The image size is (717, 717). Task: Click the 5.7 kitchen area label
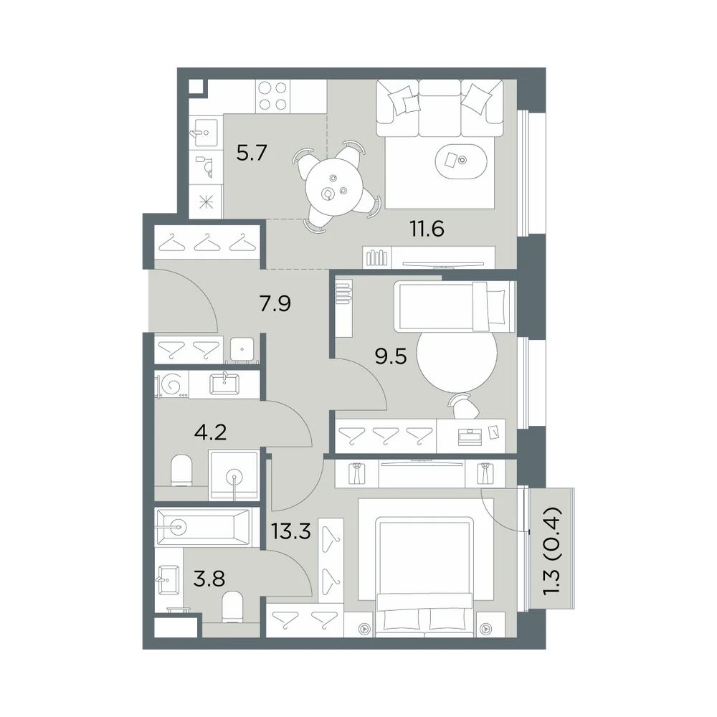coord(252,153)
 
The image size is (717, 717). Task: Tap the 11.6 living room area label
coord(427,229)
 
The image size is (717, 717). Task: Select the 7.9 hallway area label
coord(275,303)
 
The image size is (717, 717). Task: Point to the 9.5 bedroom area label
coord(391,356)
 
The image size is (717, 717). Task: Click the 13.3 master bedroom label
coord(291,531)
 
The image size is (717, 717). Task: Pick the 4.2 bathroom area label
coord(210,432)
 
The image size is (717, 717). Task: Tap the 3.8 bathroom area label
coord(209,579)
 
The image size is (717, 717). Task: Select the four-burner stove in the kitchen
coord(273,95)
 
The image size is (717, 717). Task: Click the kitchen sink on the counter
coord(206,130)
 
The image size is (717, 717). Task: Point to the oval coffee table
coord(461,161)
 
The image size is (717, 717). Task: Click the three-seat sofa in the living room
coord(440,108)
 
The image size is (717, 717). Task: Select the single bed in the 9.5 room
coord(456,306)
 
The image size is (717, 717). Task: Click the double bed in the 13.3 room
coord(424,576)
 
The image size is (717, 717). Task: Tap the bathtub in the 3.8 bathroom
coord(203,527)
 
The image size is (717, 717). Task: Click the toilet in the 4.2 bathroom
coord(181,470)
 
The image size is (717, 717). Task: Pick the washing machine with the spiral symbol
coord(172,384)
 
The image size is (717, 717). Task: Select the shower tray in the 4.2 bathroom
coord(233,475)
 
